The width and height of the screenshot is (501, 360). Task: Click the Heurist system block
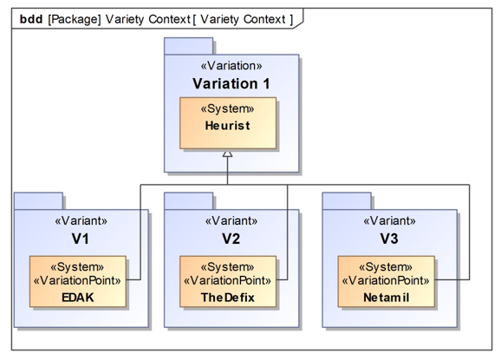click(228, 123)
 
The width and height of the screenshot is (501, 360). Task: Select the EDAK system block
click(78, 281)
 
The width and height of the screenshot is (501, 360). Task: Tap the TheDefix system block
click(228, 281)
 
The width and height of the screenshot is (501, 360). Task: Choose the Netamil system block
click(387, 281)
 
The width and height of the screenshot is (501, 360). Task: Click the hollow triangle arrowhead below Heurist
click(227, 154)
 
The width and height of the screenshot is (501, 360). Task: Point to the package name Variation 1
click(231, 84)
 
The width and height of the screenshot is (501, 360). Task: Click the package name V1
click(81, 239)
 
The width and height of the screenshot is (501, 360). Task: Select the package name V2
click(231, 239)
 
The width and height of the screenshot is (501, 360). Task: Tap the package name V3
click(389, 239)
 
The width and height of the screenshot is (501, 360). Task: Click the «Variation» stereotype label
click(231, 66)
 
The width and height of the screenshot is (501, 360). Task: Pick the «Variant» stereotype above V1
click(81, 221)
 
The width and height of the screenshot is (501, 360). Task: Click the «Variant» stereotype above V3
click(389, 221)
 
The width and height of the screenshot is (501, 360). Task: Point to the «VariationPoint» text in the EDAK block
click(77, 281)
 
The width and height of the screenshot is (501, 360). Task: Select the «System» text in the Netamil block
click(386, 267)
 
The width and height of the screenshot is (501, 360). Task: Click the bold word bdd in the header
click(31, 19)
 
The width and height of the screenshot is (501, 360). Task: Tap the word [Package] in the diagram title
click(75, 19)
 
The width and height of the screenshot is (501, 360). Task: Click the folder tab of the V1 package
click(38, 201)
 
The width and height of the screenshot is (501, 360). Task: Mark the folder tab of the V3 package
click(347, 201)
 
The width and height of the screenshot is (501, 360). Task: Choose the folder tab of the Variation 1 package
click(188, 46)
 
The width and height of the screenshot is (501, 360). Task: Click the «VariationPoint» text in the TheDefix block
click(227, 281)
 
